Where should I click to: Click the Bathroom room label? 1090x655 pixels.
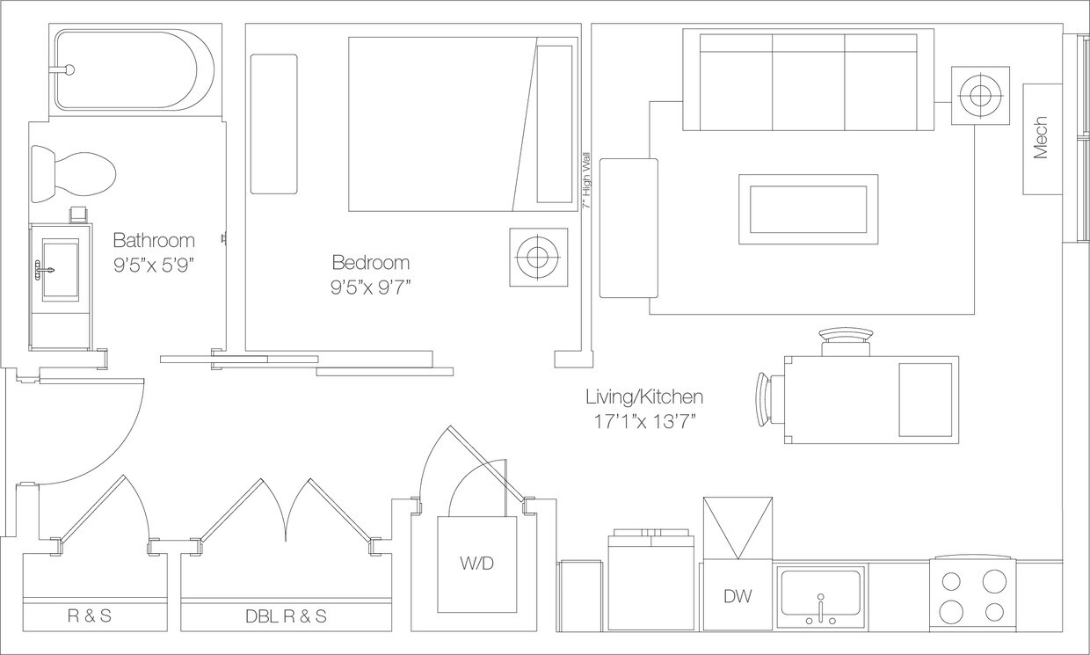point(154,240)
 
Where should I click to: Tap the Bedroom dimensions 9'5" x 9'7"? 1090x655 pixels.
point(371,288)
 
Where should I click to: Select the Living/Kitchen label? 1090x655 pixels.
point(644,397)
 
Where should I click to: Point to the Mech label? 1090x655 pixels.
point(1040,138)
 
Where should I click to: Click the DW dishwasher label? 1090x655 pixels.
point(738,596)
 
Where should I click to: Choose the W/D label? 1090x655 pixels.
point(476,564)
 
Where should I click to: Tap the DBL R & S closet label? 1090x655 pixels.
point(287,616)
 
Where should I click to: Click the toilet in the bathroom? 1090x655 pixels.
point(74,174)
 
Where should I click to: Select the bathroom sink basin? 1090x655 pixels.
point(61,268)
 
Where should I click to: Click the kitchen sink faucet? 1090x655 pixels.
point(821,608)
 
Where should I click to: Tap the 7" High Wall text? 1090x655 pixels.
point(587,179)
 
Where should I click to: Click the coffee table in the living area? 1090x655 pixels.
point(808,209)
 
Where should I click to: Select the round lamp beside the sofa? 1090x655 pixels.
point(980,96)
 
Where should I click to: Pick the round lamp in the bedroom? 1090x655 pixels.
point(539,257)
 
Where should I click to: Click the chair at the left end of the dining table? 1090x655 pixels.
point(770,400)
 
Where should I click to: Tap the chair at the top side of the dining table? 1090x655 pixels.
point(846,342)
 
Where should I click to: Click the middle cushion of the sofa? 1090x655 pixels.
point(808,83)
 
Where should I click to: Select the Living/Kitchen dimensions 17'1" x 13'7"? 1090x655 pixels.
point(644,422)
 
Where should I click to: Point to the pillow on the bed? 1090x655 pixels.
point(555,124)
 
